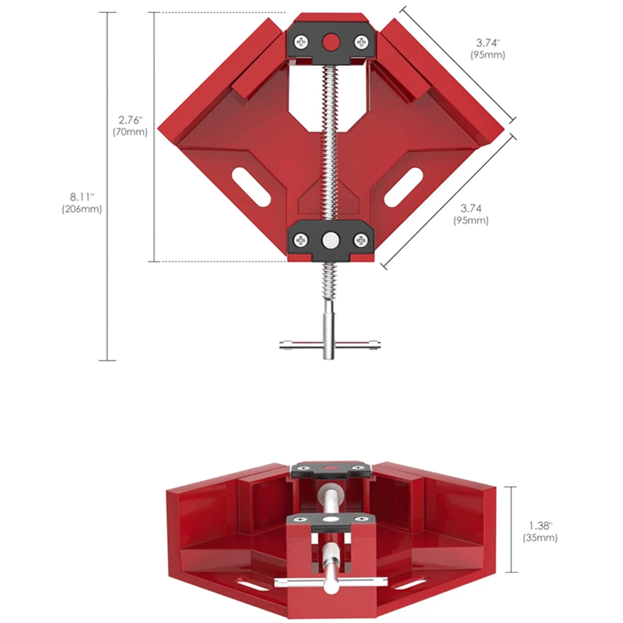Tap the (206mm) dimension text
point(82,210)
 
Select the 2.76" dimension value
point(131,119)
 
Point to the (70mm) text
point(131,132)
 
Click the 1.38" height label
point(540,525)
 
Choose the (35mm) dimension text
point(540,538)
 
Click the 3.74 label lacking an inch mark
point(470,208)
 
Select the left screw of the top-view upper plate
point(302,42)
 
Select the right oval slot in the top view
point(407,185)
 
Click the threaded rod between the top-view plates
point(331,143)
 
